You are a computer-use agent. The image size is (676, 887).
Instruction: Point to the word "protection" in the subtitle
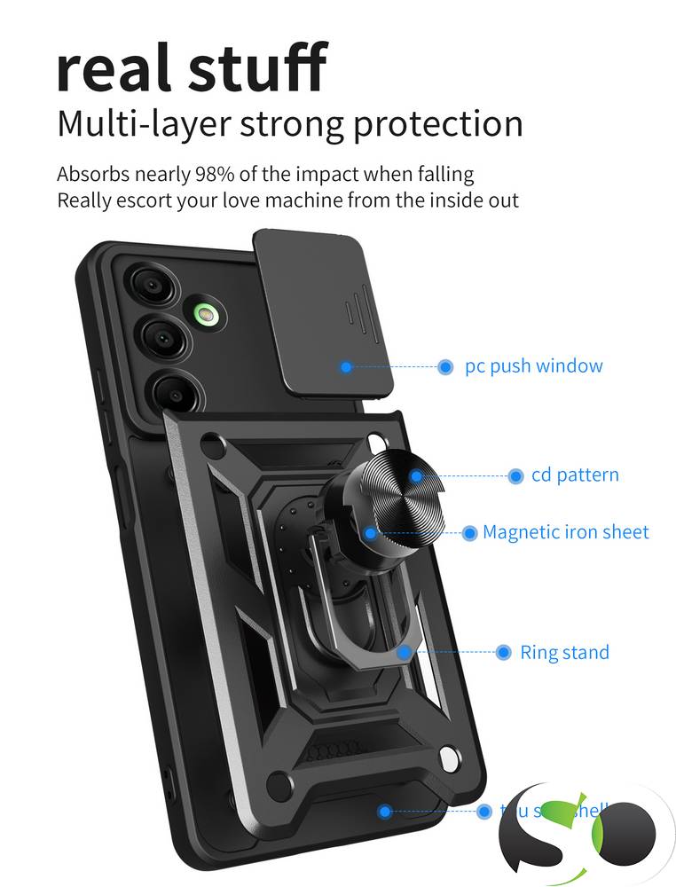coord(437,124)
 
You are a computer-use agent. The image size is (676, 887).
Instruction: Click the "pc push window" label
coord(533,366)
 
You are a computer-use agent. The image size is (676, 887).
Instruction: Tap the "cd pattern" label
coord(575,475)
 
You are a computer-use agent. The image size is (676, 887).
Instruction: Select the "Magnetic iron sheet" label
coord(565,532)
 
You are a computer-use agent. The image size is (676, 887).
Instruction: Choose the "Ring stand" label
coord(564,653)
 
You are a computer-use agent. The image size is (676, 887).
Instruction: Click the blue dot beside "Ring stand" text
coord(503,653)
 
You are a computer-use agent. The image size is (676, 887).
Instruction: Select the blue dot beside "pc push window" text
coord(445,366)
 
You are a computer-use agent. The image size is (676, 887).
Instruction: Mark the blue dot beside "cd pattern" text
coord(515,476)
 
